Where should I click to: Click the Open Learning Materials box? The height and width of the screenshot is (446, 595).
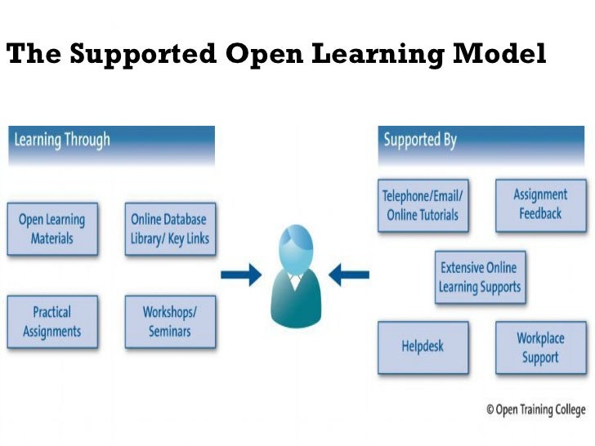[x=51, y=229]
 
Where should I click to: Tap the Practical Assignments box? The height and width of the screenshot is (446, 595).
[x=51, y=321]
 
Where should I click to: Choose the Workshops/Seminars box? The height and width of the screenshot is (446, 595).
[x=170, y=321]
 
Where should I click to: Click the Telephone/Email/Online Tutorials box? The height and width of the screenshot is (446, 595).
[x=423, y=205]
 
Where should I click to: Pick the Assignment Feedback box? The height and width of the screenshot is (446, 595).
[x=539, y=204]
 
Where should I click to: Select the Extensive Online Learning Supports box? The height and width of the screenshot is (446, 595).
[x=479, y=278]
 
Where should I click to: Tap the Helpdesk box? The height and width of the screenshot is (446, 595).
[x=423, y=346]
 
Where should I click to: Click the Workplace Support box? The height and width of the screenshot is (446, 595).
[x=539, y=347]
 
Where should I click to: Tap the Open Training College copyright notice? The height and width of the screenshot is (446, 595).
[x=535, y=409]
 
